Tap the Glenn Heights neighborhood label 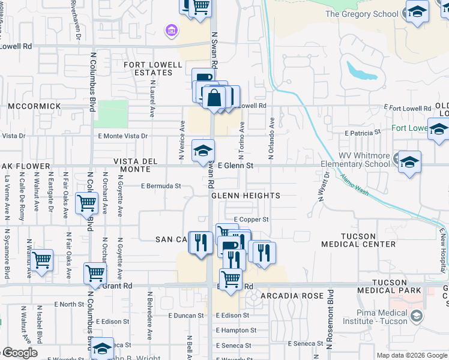246,196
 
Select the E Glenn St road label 236,165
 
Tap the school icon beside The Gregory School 417,11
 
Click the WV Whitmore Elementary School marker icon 409,163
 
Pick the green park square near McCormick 112,114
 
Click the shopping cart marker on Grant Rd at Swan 231,280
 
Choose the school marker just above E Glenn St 203,151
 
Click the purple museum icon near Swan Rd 170,30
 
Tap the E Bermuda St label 161,186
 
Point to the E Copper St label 251,220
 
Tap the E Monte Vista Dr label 122,136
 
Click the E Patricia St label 363,132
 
